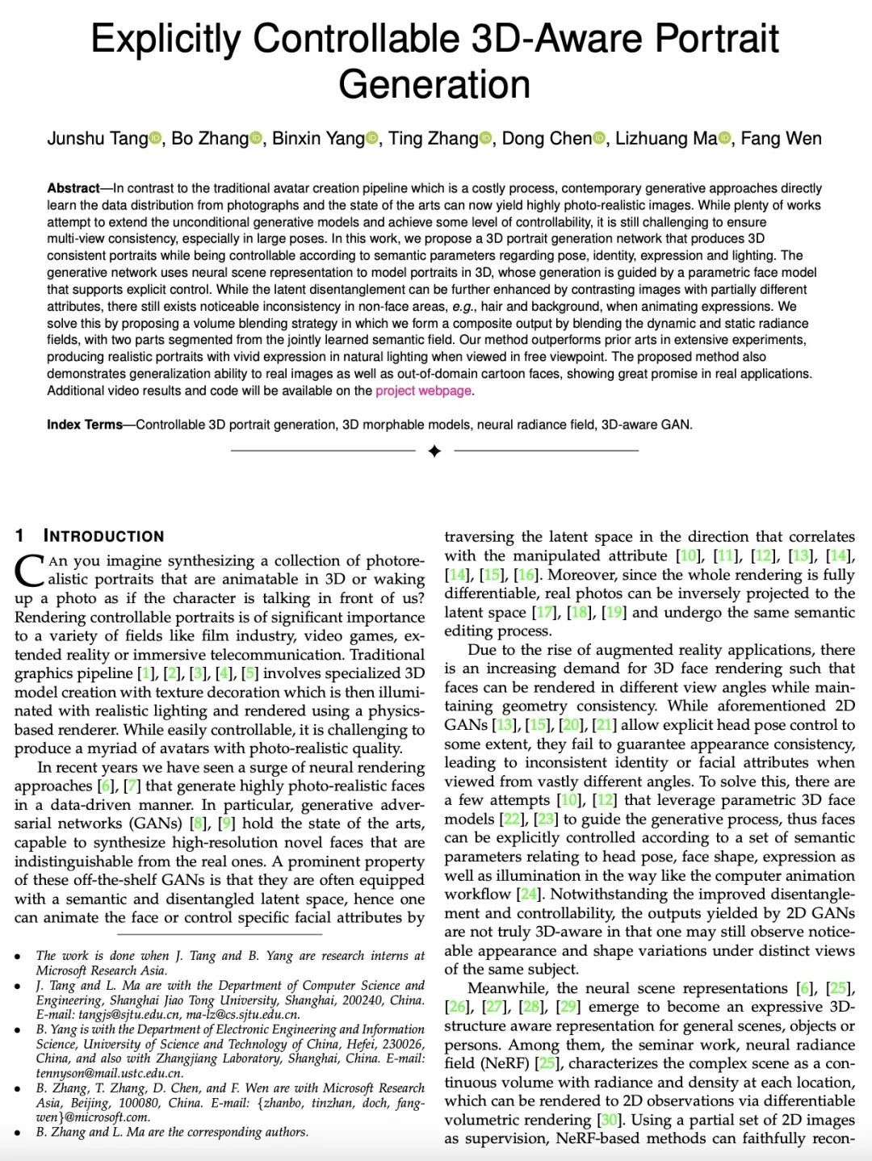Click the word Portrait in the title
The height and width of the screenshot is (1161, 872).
pyautogui.click(x=717, y=39)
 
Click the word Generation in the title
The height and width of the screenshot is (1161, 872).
pyautogui.click(x=434, y=85)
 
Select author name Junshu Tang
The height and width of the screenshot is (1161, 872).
pyautogui.click(x=98, y=139)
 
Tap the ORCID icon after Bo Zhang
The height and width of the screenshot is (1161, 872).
pyautogui.click(x=257, y=139)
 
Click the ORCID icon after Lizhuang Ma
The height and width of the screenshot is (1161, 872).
pyautogui.click(x=724, y=139)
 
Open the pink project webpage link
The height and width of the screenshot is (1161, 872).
pyautogui.click(x=423, y=391)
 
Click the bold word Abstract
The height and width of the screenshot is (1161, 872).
pyautogui.click(x=73, y=188)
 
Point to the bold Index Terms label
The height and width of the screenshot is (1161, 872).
pyautogui.click(x=85, y=425)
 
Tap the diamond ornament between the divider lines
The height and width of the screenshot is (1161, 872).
pyautogui.click(x=434, y=451)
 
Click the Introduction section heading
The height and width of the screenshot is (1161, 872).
pyautogui.click(x=103, y=536)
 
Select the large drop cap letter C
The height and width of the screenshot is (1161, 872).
pyautogui.click(x=29, y=570)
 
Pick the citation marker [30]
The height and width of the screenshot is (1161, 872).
pyautogui.click(x=609, y=1120)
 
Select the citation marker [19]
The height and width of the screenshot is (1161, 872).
pyautogui.click(x=614, y=612)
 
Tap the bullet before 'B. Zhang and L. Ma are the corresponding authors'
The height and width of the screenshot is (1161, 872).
pyautogui.click(x=18, y=1133)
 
